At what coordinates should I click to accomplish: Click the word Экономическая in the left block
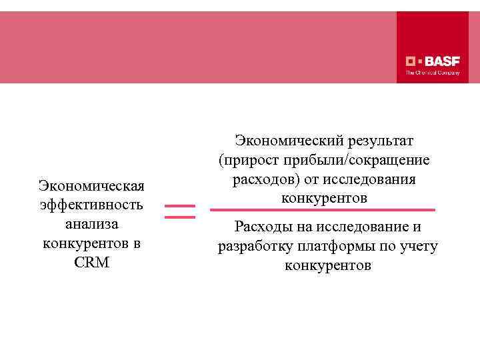[92, 185]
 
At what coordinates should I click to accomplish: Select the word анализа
[92, 223]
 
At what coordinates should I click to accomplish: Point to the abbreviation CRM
[92, 262]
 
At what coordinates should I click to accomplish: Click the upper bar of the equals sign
[179, 206]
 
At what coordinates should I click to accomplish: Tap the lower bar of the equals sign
[179, 217]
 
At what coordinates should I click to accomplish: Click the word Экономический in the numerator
[287, 141]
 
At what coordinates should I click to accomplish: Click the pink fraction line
[323, 210]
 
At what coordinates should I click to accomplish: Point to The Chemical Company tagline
[433, 73]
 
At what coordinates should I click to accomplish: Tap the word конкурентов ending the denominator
[327, 266]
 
